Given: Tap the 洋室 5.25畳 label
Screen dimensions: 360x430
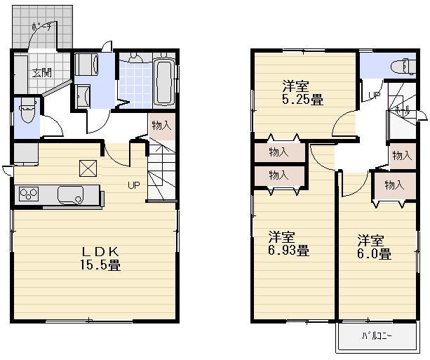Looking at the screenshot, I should click(302, 93).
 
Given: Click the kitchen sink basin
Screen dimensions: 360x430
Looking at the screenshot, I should click(72, 194).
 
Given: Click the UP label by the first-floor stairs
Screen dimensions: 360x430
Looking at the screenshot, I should click(133, 186).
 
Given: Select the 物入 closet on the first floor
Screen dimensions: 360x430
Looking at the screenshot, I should click(161, 126).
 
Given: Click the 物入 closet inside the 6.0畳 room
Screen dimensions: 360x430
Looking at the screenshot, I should click(394, 185).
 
